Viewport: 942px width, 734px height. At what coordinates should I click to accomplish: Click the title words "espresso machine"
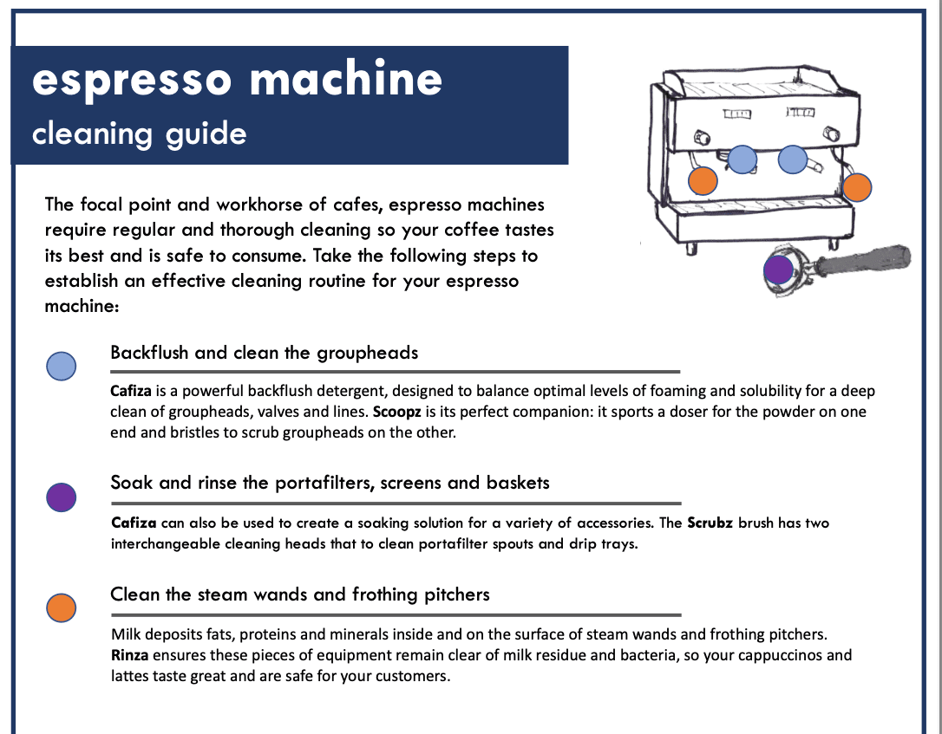click(x=237, y=81)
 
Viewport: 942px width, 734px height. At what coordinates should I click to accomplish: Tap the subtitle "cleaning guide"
click(x=139, y=134)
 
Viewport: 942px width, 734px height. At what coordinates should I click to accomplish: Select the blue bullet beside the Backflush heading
click(x=61, y=366)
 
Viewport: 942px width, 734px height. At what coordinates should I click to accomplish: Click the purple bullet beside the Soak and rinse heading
click(x=61, y=497)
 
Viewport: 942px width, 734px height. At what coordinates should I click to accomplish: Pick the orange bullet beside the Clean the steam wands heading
click(x=61, y=607)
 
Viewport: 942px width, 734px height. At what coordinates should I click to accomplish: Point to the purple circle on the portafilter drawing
click(x=778, y=269)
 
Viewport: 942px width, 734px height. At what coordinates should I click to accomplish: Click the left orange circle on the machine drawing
click(x=703, y=180)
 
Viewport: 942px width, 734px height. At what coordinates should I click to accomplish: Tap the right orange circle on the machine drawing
click(x=857, y=186)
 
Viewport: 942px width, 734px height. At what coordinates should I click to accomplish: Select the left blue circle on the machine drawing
click(x=741, y=159)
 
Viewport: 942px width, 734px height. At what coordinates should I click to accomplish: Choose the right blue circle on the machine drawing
click(x=793, y=159)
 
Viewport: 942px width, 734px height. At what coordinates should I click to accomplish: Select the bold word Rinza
click(x=129, y=655)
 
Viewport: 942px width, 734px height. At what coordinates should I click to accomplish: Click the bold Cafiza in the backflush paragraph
click(x=132, y=391)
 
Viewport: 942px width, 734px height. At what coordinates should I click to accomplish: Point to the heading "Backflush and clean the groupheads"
click(x=264, y=353)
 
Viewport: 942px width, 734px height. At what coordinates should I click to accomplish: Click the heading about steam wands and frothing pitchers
click(x=299, y=594)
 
